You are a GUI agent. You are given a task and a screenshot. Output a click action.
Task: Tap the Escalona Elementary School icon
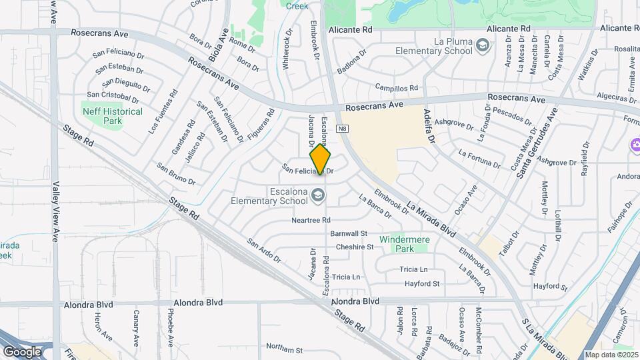(x=319, y=194)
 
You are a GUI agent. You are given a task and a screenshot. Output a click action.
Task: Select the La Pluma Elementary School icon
(x=483, y=45)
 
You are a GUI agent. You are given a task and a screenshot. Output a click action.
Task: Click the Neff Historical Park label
(x=112, y=116)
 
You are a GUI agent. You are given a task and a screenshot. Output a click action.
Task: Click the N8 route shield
(x=343, y=129)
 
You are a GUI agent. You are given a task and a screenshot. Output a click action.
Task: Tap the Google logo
(x=22, y=351)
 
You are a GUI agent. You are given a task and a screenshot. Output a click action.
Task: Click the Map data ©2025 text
(x=611, y=355)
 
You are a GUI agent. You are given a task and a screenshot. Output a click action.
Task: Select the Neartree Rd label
(x=311, y=220)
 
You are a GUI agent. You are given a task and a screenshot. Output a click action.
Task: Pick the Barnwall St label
(x=349, y=234)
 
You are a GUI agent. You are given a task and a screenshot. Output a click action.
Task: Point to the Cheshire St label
(x=354, y=247)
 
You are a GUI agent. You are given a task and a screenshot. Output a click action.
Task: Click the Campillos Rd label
(x=396, y=88)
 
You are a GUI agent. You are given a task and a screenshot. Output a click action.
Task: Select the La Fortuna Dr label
(x=479, y=158)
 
